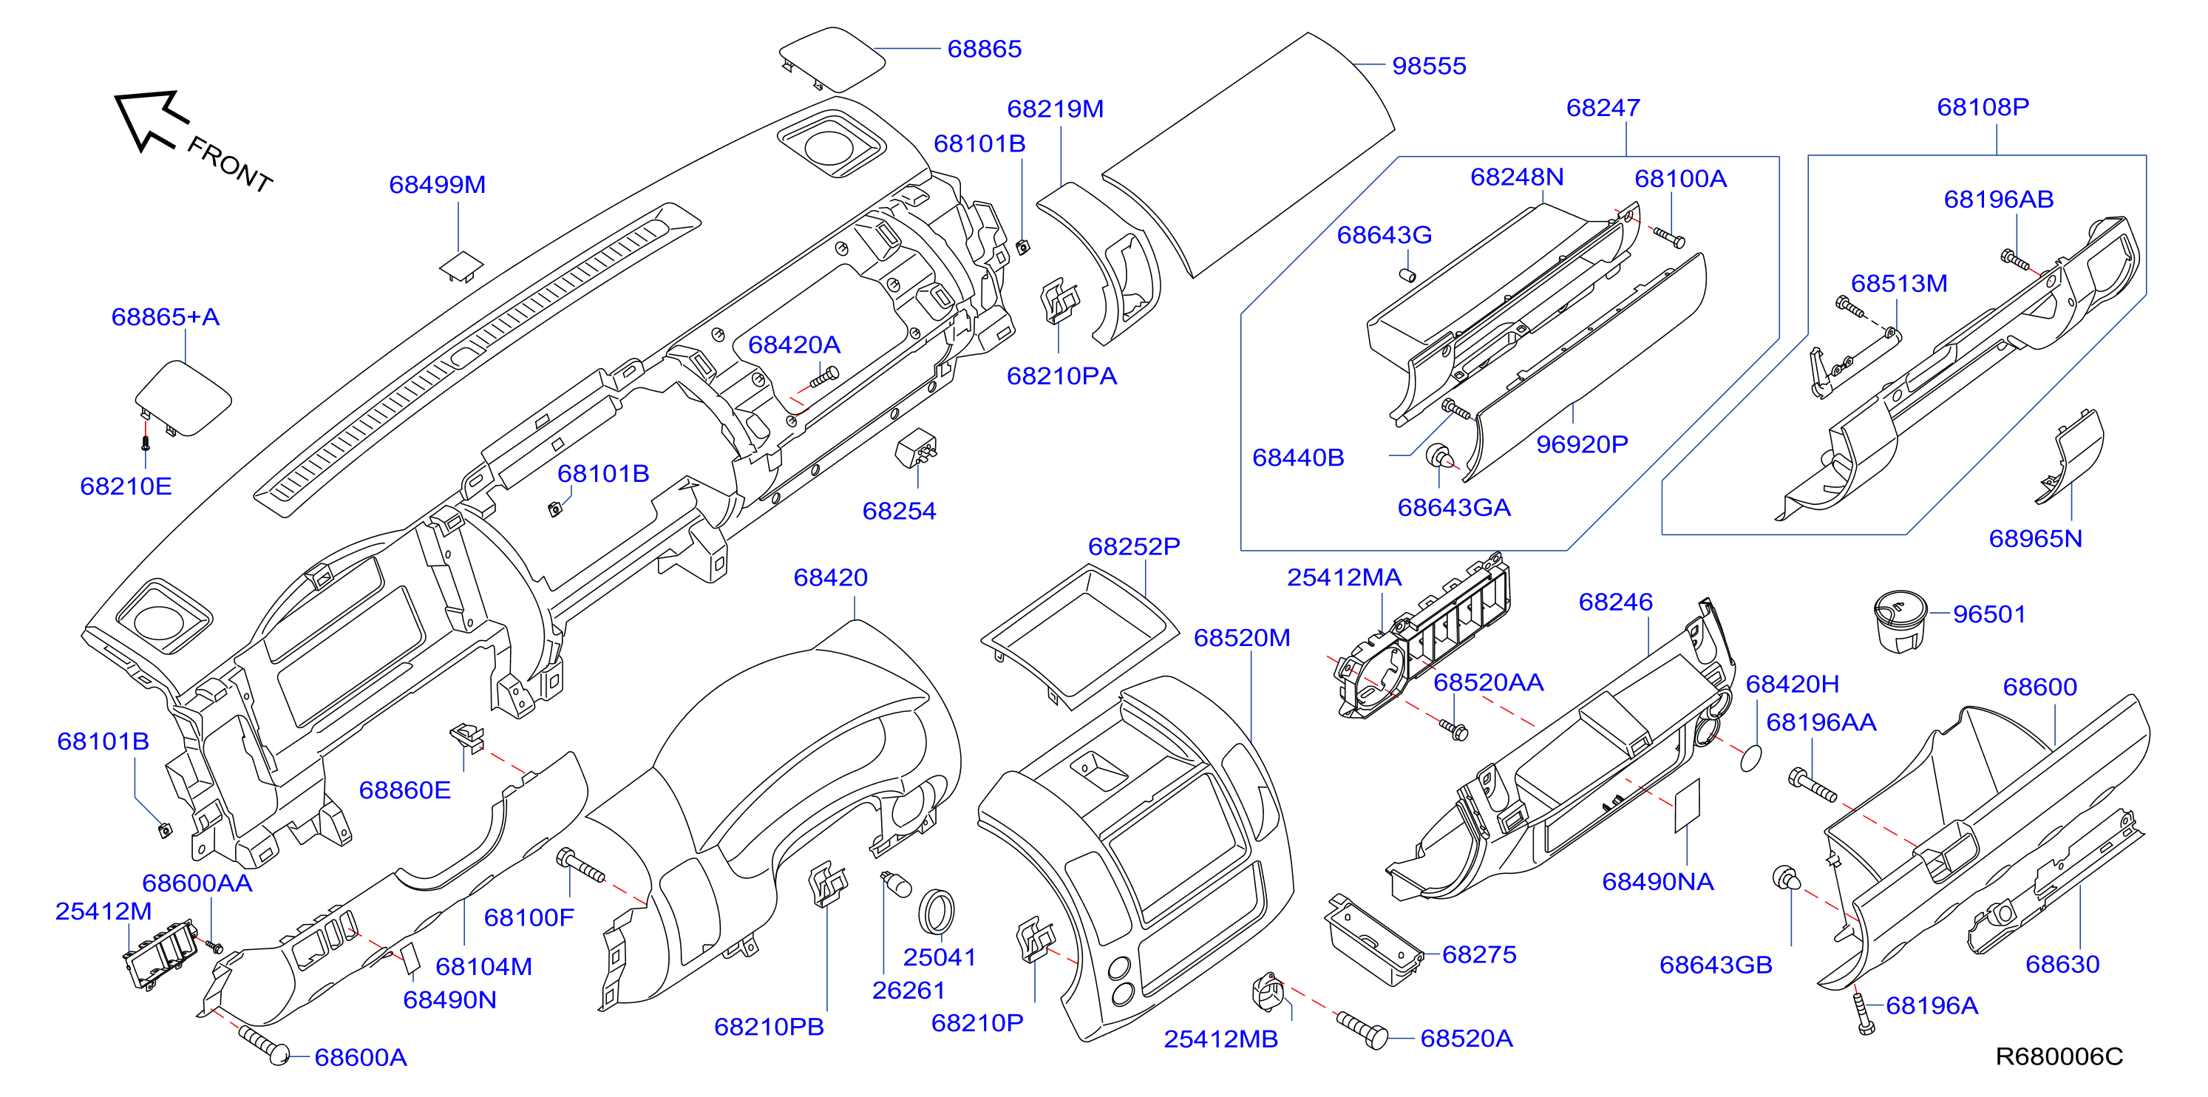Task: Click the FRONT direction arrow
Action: tap(151, 120)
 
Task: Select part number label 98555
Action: tap(1429, 66)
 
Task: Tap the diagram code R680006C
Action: tap(2059, 1056)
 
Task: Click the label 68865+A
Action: tap(166, 317)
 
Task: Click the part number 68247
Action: tap(1603, 108)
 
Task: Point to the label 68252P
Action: tap(1134, 547)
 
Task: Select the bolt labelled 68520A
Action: tap(1363, 1029)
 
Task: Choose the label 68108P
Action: tap(1983, 107)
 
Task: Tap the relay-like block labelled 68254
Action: tap(914, 448)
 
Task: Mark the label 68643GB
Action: tap(1715, 965)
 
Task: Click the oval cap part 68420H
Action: tap(1752, 758)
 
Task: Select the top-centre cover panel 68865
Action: tap(832, 58)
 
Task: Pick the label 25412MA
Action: tap(1344, 577)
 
